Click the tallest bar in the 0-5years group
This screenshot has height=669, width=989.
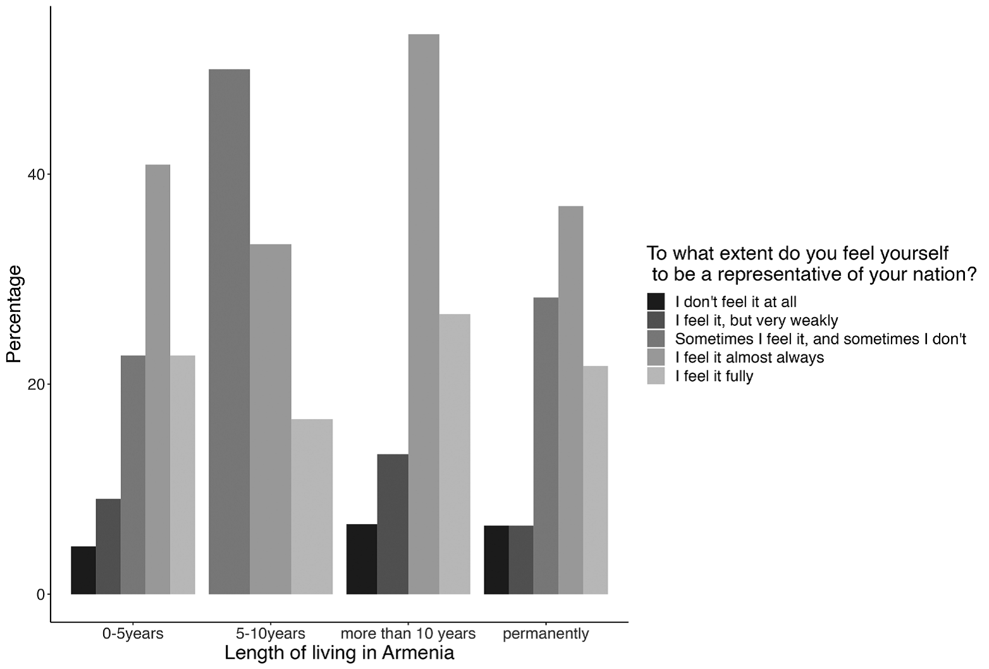pyautogui.click(x=157, y=380)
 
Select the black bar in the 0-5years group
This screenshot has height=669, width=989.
pyautogui.click(x=83, y=570)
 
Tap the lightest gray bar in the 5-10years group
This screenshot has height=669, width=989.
pyautogui.click(x=312, y=506)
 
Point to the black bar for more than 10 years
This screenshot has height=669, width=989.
pyautogui.click(x=362, y=560)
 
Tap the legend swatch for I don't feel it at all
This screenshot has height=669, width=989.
pyautogui.click(x=656, y=302)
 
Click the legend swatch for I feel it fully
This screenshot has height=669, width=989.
pyautogui.click(x=656, y=377)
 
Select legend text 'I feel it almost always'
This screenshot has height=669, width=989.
pyautogui.click(x=749, y=358)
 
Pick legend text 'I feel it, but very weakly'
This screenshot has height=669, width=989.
pyautogui.click(x=756, y=321)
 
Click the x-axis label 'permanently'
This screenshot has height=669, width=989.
pyautogui.click(x=546, y=634)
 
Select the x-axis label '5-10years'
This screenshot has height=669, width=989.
pyautogui.click(x=271, y=634)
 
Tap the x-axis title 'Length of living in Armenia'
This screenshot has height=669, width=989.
pyautogui.click(x=339, y=653)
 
